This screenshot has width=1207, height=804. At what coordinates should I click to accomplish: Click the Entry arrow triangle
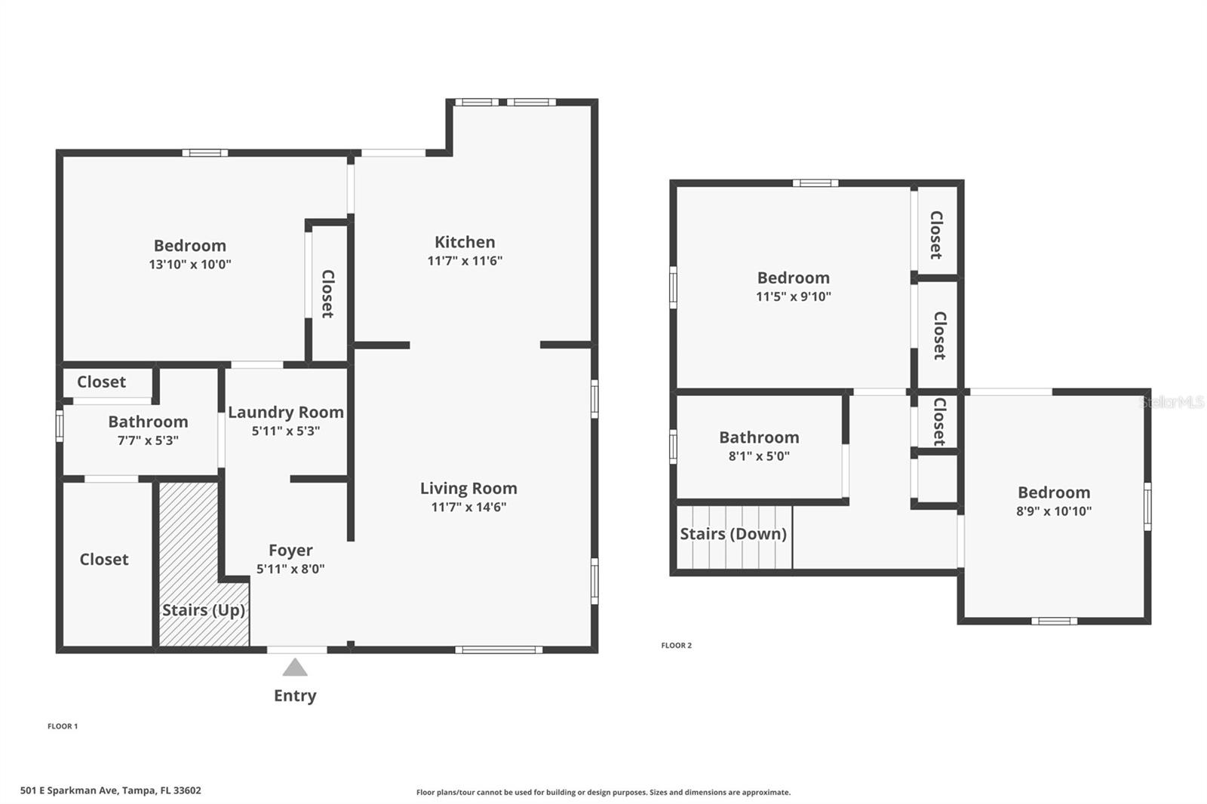click(x=295, y=668)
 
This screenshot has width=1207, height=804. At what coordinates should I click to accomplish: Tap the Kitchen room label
click(x=465, y=242)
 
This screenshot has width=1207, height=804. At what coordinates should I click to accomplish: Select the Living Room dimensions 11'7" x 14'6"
click(x=468, y=507)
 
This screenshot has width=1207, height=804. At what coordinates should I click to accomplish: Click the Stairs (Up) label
click(x=204, y=609)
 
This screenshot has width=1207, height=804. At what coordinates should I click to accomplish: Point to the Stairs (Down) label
click(x=733, y=534)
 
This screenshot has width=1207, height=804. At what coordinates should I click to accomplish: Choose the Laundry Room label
click(x=286, y=413)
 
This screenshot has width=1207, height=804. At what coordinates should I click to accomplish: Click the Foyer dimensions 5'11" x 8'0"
click(x=290, y=569)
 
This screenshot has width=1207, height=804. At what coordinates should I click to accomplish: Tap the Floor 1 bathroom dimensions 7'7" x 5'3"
click(x=148, y=440)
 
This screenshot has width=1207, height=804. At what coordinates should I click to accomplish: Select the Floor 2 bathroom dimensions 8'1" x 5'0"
click(x=759, y=456)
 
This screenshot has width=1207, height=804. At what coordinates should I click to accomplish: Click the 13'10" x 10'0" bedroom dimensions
click(x=190, y=264)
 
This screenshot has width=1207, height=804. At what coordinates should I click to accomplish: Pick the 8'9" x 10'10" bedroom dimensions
click(x=1054, y=511)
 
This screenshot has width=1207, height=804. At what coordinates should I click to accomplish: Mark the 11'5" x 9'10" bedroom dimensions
click(x=794, y=296)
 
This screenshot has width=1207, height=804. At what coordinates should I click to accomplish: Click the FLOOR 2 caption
click(x=676, y=646)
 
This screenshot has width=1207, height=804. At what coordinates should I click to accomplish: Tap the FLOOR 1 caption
click(x=63, y=726)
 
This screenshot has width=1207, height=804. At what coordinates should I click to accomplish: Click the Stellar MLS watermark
click(x=1172, y=402)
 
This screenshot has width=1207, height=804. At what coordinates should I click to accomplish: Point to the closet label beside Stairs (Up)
click(x=104, y=560)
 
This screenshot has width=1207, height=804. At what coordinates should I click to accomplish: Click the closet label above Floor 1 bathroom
click(x=101, y=382)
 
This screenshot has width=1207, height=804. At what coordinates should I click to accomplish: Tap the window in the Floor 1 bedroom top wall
click(x=204, y=153)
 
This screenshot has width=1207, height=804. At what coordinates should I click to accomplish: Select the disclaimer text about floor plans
click(x=603, y=792)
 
